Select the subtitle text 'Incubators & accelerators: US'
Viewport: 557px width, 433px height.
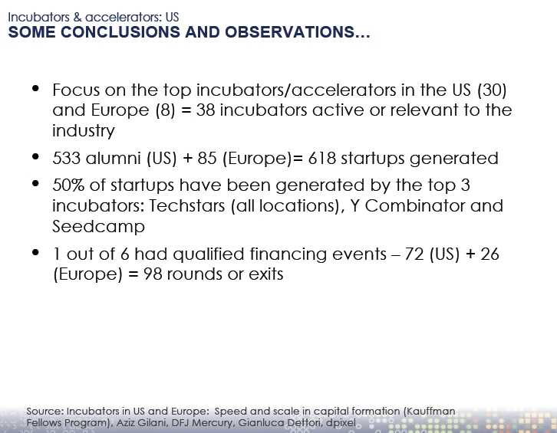pos(94,17)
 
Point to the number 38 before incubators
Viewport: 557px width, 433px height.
pos(206,110)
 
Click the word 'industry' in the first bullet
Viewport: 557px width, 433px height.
pos(84,130)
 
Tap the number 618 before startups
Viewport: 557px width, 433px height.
pos(321,158)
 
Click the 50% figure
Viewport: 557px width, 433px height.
pos(68,185)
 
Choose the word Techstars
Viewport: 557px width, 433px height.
pos(187,206)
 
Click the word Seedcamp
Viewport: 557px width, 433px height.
pos(99,226)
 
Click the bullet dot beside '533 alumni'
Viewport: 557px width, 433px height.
pos(35,156)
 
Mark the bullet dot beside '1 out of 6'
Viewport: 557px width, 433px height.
pos(35,252)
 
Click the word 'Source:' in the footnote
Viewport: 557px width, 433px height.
pos(45,412)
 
